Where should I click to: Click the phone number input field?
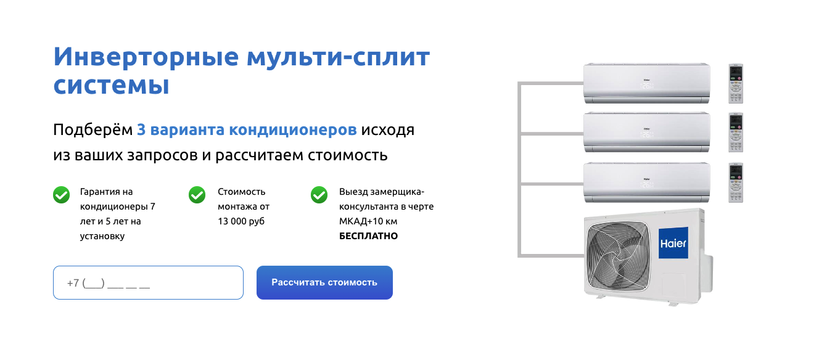(148, 283)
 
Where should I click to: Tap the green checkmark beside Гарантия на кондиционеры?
(61, 195)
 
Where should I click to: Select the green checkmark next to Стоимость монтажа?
(197, 195)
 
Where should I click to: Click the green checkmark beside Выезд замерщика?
(319, 195)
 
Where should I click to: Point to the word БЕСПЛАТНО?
(368, 236)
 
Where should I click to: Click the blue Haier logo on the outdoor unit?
(673, 243)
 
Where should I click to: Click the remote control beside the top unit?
(736, 83)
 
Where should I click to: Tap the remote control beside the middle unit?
(736, 133)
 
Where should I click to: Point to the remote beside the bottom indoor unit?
(736, 182)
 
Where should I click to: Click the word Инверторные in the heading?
(146, 57)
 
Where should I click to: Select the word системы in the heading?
(111, 84)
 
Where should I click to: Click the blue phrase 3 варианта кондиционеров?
(247, 130)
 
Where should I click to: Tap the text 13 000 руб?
(241, 221)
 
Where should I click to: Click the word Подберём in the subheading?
(93, 130)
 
